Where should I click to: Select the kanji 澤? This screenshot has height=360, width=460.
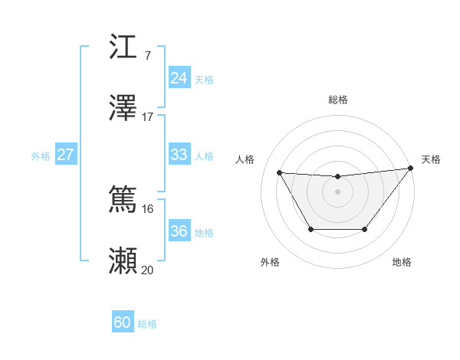[123, 108]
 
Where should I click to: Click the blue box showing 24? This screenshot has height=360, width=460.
[179, 78]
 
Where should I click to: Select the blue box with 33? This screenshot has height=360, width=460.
[179, 155]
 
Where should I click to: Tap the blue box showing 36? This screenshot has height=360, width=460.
[179, 231]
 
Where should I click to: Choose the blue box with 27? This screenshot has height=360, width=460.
[65, 155]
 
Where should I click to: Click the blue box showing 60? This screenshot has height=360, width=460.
[123, 322]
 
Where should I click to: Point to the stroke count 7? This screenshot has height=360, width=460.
[147, 56]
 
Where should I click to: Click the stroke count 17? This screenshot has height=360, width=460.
[148, 117]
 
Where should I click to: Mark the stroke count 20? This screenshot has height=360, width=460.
[147, 270]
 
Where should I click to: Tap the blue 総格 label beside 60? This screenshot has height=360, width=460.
[147, 324]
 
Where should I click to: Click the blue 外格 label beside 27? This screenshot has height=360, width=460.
[41, 156]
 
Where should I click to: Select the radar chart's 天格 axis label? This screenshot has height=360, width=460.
[431, 159]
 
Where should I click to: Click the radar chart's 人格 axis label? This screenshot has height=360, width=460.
[245, 159]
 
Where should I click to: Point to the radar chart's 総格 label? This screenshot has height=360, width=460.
[337, 100]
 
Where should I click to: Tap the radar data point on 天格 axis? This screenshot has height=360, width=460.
[410, 168]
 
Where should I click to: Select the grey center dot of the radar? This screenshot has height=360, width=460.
[337, 191]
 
